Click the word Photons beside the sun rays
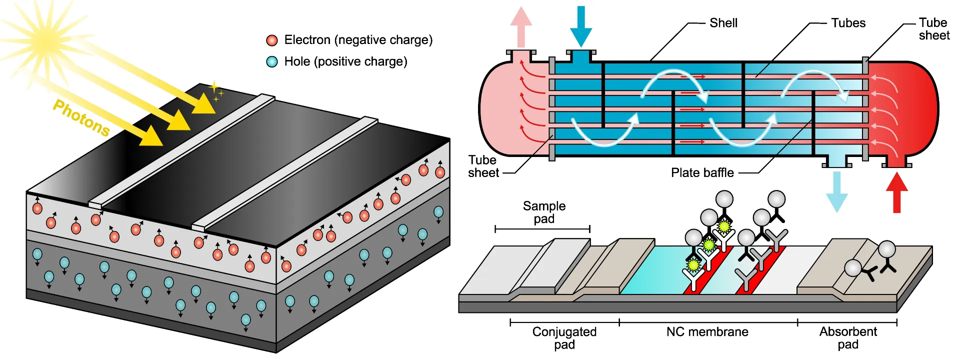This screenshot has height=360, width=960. (x=81, y=118)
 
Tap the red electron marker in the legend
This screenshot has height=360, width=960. (x=272, y=40)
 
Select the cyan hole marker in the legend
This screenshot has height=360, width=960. (x=272, y=62)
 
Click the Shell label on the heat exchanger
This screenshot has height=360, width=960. (x=723, y=23)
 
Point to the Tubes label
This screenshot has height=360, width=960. (x=848, y=23)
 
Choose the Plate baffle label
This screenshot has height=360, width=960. (x=702, y=173)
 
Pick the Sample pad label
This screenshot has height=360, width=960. (x=544, y=212)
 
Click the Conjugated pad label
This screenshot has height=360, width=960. (x=564, y=338)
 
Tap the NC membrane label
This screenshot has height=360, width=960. (x=707, y=332)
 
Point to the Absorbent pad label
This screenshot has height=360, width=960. (x=848, y=338)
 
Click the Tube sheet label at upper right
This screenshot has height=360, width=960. (x=933, y=29)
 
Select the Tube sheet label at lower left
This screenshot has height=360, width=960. (x=483, y=166)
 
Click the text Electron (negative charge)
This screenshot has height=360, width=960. (x=358, y=40)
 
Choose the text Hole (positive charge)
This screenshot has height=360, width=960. (x=345, y=61)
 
